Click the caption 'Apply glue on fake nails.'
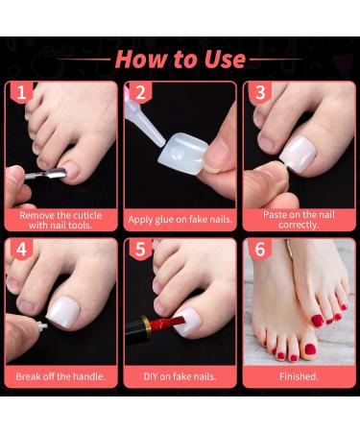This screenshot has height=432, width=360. [x=180, y=219]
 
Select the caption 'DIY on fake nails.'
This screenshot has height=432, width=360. [x=180, y=375]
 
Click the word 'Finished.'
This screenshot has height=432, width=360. [x=297, y=375]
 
